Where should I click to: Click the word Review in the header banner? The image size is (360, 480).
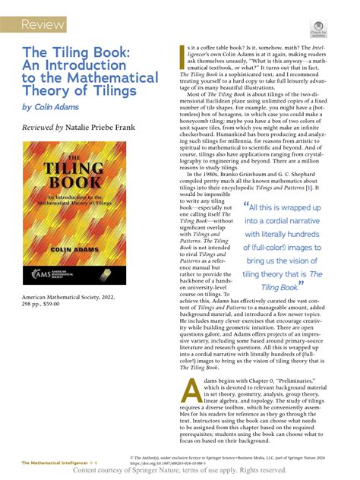coord(43,25)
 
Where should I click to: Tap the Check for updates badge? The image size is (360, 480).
coord(317,31)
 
